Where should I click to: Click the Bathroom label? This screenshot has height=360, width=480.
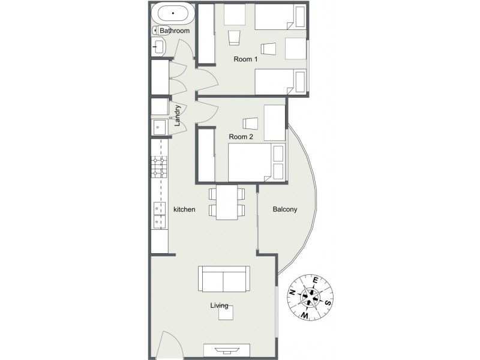pos(175,31)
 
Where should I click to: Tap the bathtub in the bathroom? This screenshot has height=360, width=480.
pos(173,13)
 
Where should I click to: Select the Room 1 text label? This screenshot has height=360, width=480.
pos(245,59)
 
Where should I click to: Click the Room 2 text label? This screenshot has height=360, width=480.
pos(241,137)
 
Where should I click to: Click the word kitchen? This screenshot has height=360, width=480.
pos(184,209)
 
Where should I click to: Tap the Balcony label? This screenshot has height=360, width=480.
pos(285,209)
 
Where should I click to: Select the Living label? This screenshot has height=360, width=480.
pos(218,306)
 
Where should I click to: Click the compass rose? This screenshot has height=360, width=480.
pos(311,295)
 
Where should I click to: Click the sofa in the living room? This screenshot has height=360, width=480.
pos(224,280)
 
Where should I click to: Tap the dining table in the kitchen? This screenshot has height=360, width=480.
pos(227,202)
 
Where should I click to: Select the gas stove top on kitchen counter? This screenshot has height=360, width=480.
pos(158,167)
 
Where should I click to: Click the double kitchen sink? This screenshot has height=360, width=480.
pos(158,215)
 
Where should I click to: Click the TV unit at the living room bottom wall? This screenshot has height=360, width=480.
pos(226,350)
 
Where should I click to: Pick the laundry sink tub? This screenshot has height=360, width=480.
pos(158,127)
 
